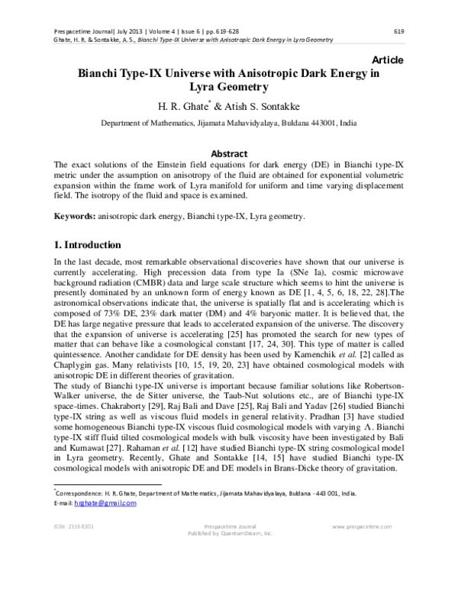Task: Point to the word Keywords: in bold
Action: pos(73,217)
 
